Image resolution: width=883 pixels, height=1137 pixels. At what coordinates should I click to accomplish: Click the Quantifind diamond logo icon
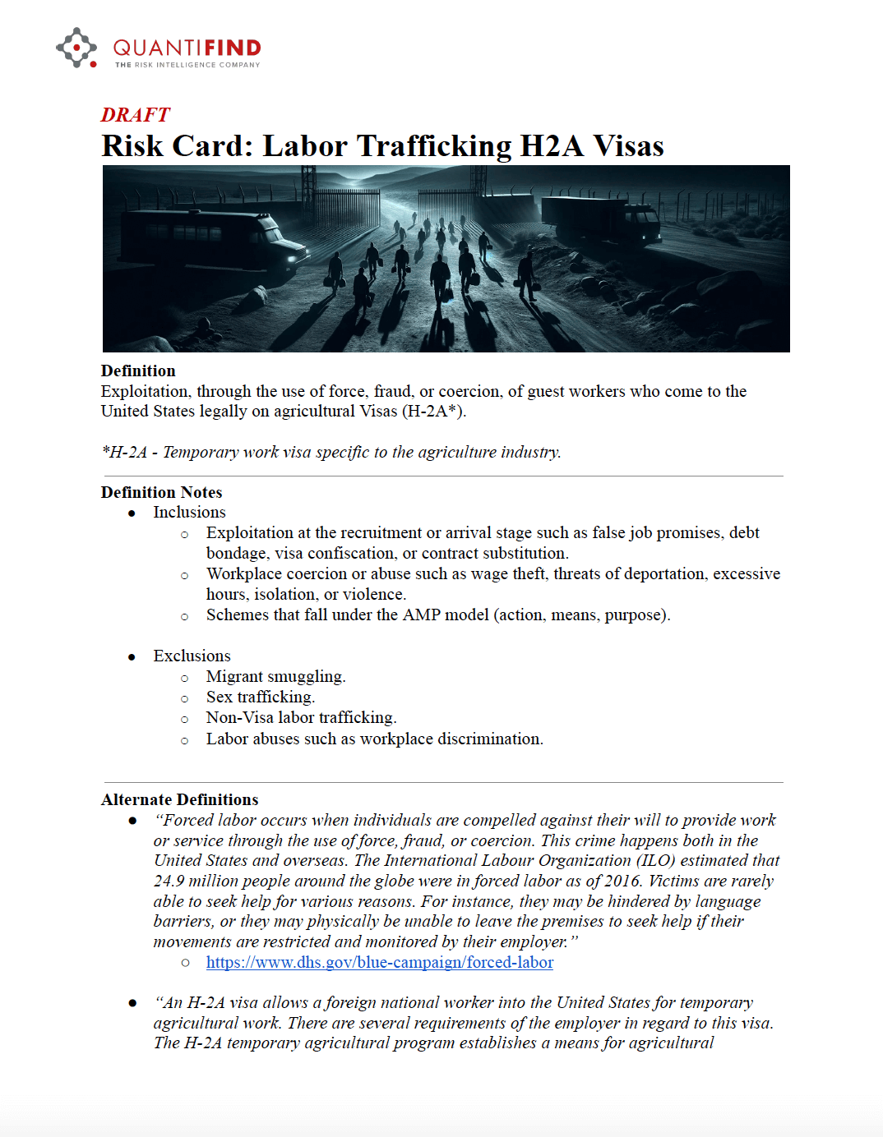(x=76, y=48)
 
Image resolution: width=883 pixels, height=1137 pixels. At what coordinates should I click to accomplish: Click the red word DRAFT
(x=135, y=115)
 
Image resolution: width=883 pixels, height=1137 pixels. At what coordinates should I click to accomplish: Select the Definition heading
(x=138, y=371)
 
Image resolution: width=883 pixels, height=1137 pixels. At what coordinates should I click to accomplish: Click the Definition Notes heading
(x=161, y=492)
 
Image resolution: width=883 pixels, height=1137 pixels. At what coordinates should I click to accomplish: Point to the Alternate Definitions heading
(x=179, y=799)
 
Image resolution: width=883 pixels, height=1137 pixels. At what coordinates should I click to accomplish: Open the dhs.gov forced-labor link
(x=379, y=962)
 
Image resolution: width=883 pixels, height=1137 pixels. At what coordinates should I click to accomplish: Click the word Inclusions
(x=189, y=512)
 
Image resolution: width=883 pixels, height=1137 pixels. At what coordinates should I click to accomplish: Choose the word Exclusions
(x=192, y=656)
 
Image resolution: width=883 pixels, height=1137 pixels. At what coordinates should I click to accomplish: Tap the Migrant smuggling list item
(x=275, y=676)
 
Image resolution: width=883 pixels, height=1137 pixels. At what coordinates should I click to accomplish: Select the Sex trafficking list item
(x=260, y=697)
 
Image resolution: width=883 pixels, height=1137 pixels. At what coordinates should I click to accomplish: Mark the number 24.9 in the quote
(x=169, y=881)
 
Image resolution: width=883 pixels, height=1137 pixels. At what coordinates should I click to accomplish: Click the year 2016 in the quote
(x=622, y=881)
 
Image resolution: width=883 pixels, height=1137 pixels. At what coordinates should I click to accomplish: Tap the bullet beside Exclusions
(x=132, y=656)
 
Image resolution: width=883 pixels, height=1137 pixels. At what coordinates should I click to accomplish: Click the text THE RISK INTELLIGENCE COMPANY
(x=187, y=65)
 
